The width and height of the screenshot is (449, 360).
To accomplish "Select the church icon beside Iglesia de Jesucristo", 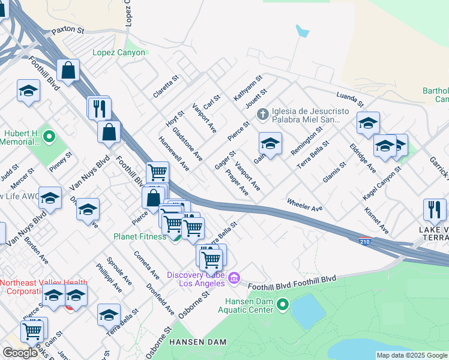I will pyautogui.click(x=262, y=113).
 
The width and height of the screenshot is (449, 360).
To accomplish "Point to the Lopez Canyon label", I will pyautogui.click(x=119, y=53).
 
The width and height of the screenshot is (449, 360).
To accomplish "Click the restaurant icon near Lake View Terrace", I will pyautogui.click(x=435, y=210).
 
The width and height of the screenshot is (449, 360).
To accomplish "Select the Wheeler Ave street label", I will pyautogui.click(x=305, y=205).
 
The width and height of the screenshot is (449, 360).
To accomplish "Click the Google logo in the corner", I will pyautogui.click(x=20, y=352).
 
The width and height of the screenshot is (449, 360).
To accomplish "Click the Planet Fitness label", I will pyautogui.click(x=140, y=236).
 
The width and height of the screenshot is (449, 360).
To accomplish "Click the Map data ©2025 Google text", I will pyautogui.click(x=412, y=355).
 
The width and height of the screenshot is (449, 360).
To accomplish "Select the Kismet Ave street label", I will pyautogui.click(x=376, y=221).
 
